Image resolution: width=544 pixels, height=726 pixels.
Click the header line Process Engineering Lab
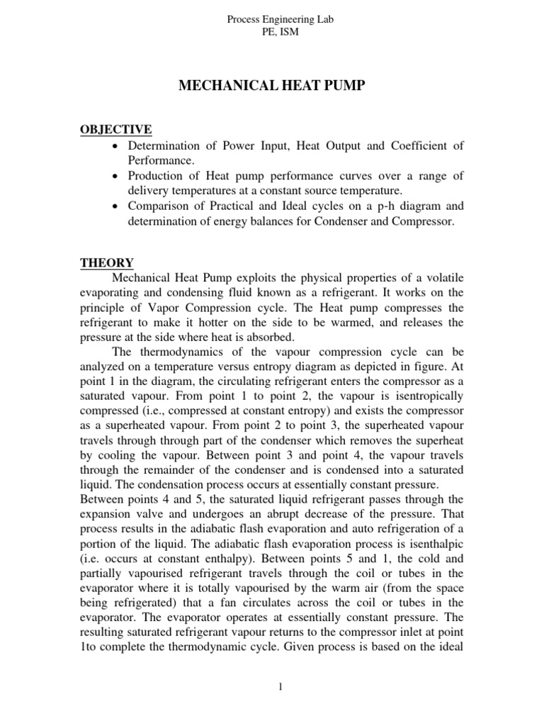click(279, 21)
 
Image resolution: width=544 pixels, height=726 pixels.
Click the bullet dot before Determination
click(115, 147)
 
